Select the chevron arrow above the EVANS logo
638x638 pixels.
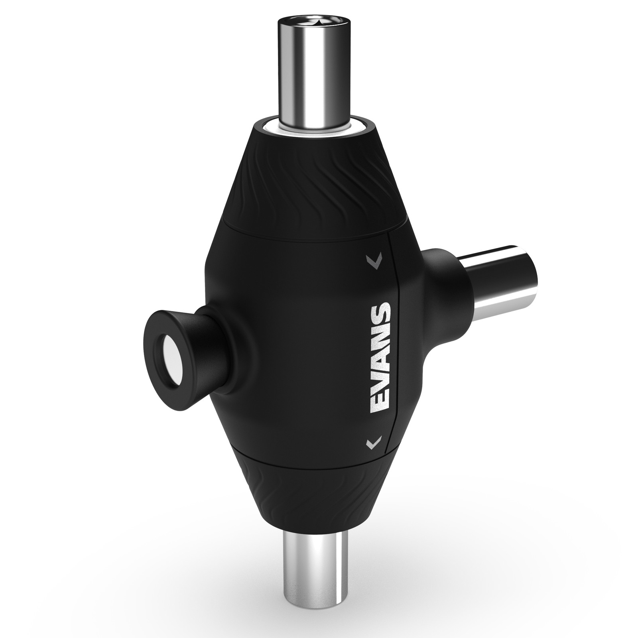(375, 260)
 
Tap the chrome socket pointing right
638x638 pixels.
(502, 279)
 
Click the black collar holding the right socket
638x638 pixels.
(441, 275)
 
